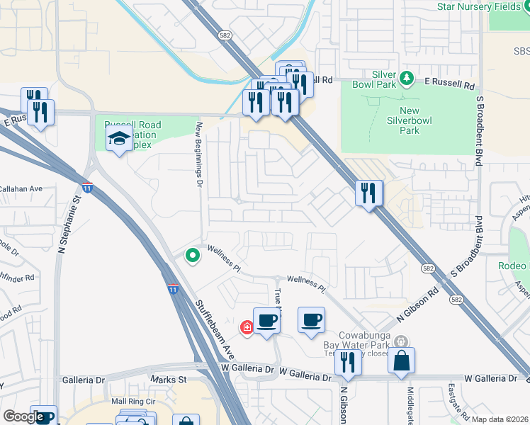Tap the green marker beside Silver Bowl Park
point(406,77)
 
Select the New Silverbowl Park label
point(410,120)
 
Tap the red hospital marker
point(247,327)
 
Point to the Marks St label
point(172,380)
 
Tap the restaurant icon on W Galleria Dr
point(348,361)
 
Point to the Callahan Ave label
point(21,189)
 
